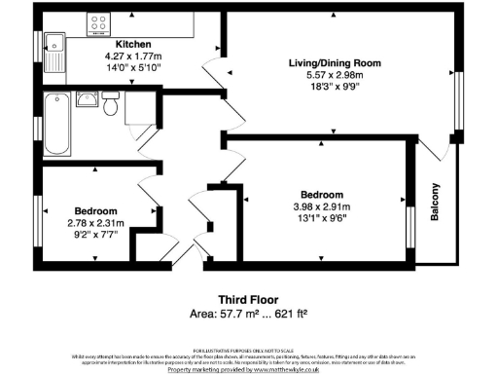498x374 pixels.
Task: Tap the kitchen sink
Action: tap(54, 44)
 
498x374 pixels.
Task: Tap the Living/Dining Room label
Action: tap(334, 63)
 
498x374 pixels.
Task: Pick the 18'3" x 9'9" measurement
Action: tap(334, 87)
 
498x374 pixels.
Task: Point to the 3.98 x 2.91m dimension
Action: tap(320, 206)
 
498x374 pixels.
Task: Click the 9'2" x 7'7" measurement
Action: tap(95, 234)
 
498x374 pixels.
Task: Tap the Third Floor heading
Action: tap(248, 300)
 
